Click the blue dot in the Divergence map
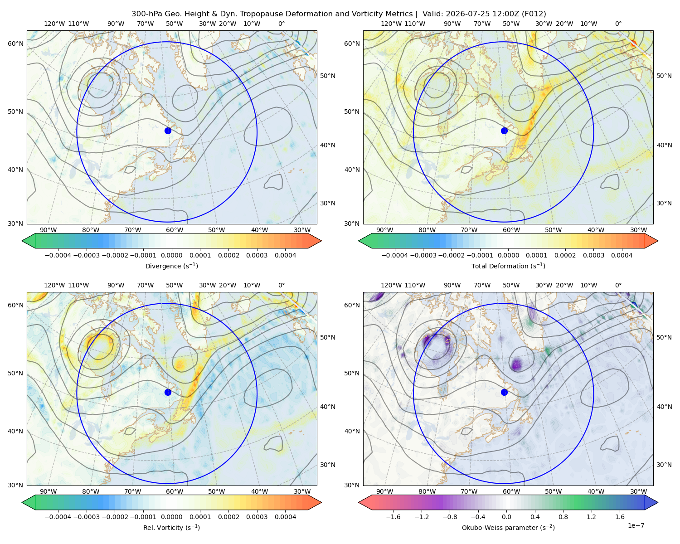click(x=168, y=131)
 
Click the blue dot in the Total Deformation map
click(x=504, y=131)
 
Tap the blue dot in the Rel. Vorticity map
click(x=168, y=392)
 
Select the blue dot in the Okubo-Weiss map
click(x=504, y=392)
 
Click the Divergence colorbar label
click(x=171, y=266)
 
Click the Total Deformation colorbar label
click(x=508, y=266)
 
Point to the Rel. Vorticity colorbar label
click(x=171, y=528)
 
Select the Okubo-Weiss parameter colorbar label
click(x=508, y=528)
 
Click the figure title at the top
click(x=339, y=14)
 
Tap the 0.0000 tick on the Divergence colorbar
click(x=171, y=255)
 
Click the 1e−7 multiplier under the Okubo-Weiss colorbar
click(x=636, y=525)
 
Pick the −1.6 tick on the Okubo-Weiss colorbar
click(x=393, y=517)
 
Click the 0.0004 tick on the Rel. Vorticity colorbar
click(x=285, y=517)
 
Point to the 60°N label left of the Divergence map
click(x=15, y=44)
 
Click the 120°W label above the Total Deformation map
click(x=391, y=24)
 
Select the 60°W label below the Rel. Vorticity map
click(x=175, y=491)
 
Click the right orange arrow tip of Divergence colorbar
click(x=321, y=241)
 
